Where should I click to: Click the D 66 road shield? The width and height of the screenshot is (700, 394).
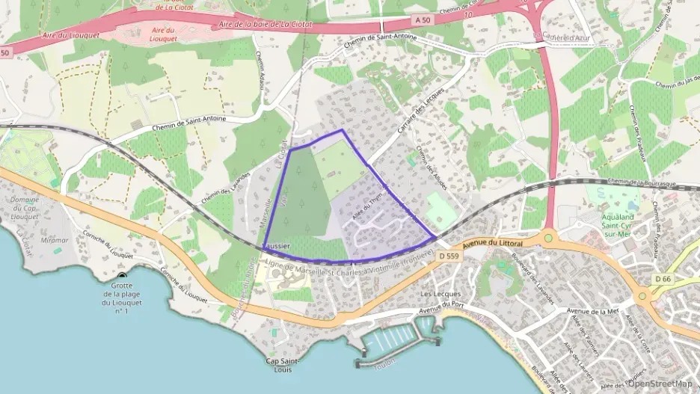663,279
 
